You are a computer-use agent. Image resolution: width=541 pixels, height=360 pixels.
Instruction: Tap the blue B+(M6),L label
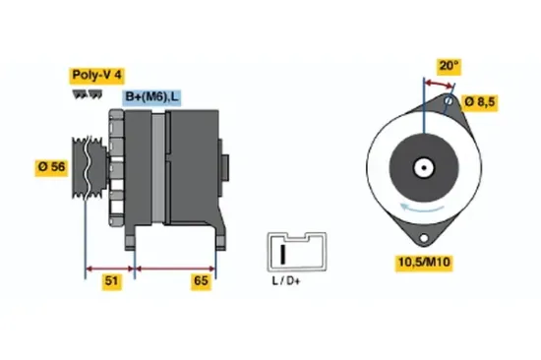coord(151,96)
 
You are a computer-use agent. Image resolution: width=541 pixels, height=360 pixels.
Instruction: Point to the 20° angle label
coord(448,66)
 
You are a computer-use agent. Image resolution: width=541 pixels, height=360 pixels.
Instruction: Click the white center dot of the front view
coord(426,166)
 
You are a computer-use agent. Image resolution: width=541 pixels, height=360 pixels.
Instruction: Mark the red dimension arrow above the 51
coord(111,268)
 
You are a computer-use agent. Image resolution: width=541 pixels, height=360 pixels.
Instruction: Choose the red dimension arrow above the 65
coord(174,268)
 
